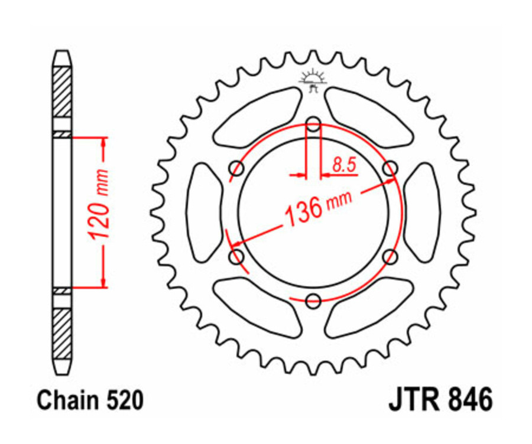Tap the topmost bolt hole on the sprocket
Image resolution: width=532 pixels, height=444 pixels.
click(313, 125)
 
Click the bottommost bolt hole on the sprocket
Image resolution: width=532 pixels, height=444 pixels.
click(313, 299)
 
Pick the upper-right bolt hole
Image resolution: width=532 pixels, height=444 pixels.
click(390, 169)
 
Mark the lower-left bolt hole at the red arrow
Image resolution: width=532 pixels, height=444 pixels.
click(237, 256)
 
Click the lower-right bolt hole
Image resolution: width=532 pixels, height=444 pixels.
click(390, 256)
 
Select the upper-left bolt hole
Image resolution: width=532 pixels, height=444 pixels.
click(237, 169)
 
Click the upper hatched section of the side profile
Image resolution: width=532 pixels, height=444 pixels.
click(62, 92)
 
